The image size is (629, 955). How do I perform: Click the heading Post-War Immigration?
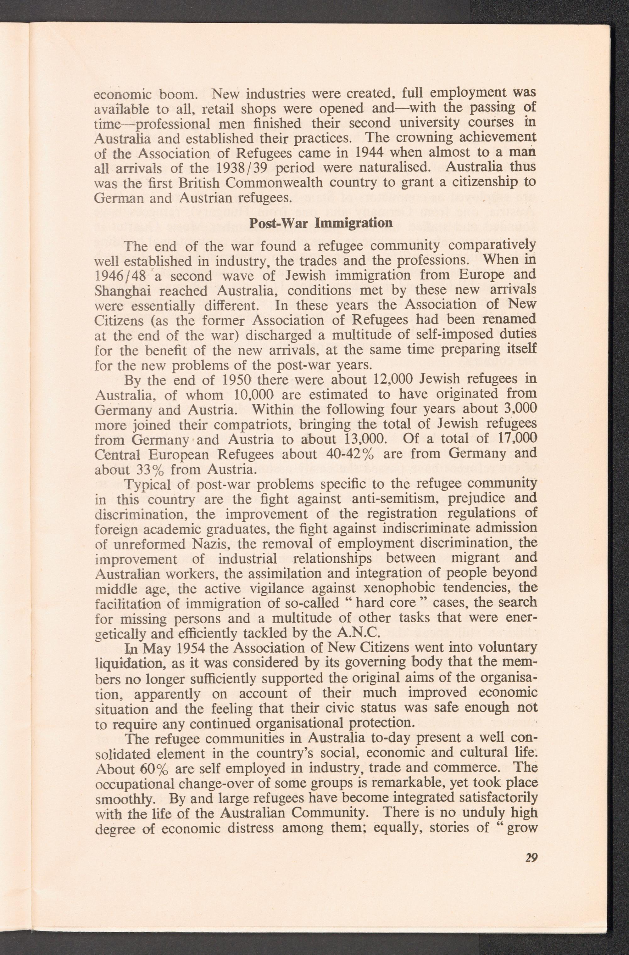click(320, 223)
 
